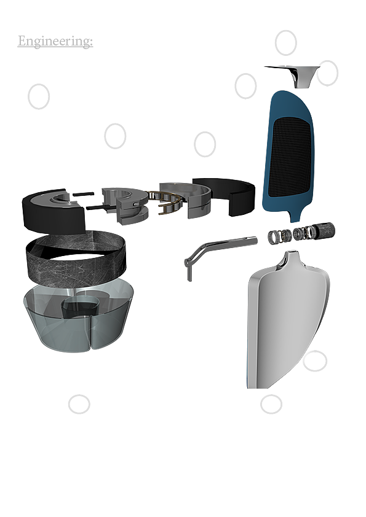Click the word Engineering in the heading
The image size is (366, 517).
click(x=55, y=41)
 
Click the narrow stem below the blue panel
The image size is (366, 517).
click(x=294, y=216)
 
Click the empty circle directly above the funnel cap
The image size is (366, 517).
click(x=286, y=43)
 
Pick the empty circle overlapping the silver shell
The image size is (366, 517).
click(x=315, y=360)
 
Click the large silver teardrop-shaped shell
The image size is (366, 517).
click(x=288, y=320)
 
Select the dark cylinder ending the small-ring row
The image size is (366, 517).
click(x=324, y=229)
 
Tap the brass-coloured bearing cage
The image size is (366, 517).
click(x=165, y=202)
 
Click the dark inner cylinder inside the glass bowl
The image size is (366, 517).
click(x=79, y=308)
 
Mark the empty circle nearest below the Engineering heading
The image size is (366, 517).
click(x=39, y=96)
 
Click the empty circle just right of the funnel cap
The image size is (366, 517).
click(x=327, y=73)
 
